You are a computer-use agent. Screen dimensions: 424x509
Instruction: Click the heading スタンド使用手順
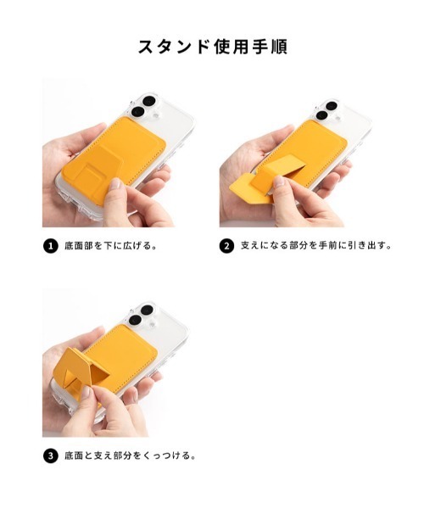tap(213, 47)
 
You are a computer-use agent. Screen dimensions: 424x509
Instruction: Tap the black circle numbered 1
tap(50, 246)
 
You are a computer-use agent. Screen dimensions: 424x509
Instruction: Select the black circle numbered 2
tap(226, 246)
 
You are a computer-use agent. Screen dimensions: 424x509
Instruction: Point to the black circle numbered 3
tap(50, 456)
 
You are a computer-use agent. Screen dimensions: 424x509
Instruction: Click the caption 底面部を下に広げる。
tap(110, 246)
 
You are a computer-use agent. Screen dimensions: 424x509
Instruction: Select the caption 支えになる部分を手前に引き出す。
tap(316, 245)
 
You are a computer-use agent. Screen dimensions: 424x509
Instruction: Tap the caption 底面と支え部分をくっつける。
tap(130, 456)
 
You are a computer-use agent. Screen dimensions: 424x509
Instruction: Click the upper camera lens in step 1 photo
tap(149, 101)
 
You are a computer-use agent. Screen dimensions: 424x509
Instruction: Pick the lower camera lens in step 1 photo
tap(138, 112)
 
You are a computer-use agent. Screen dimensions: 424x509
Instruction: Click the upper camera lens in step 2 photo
tap(332, 106)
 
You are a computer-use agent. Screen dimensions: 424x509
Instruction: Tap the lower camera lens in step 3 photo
tap(135, 320)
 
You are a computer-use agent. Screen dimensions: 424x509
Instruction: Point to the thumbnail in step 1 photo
tap(115, 184)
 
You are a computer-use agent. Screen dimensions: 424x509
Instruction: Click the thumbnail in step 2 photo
tap(279, 182)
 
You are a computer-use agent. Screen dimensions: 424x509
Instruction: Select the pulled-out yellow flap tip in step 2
tap(239, 186)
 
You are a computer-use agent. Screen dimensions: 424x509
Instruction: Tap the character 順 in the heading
tap(279, 47)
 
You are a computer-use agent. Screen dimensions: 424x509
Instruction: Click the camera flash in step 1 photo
tap(156, 115)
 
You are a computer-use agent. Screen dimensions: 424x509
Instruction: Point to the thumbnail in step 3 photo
tap(86, 393)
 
